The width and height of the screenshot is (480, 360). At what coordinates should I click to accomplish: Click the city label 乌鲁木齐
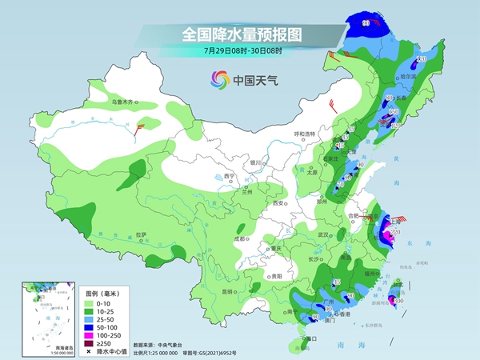pos(125,102)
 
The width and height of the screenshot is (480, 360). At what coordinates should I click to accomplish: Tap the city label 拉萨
pos(141,234)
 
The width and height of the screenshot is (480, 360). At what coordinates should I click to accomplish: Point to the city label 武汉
pos(323,234)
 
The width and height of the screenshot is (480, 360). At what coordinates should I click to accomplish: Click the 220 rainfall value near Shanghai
pos(394,231)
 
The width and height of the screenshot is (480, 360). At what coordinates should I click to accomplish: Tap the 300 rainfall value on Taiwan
pos(398,300)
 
